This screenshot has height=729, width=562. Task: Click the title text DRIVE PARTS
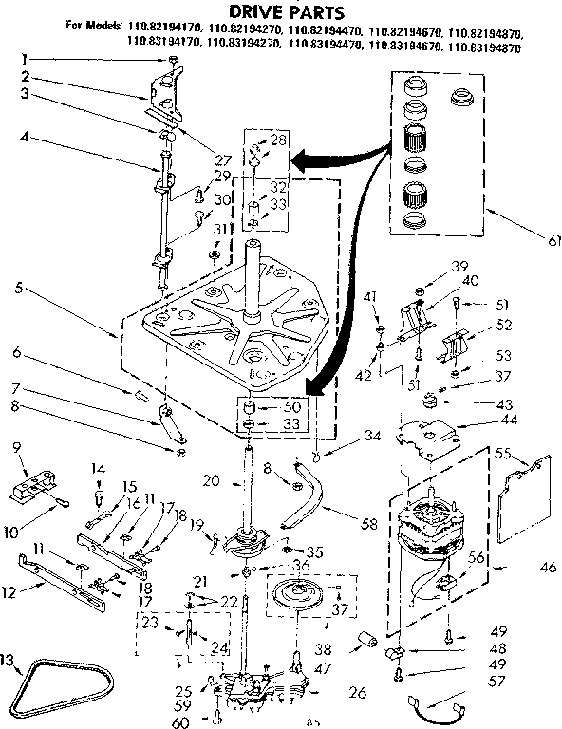point(280,10)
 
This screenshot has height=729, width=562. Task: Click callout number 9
point(16,447)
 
